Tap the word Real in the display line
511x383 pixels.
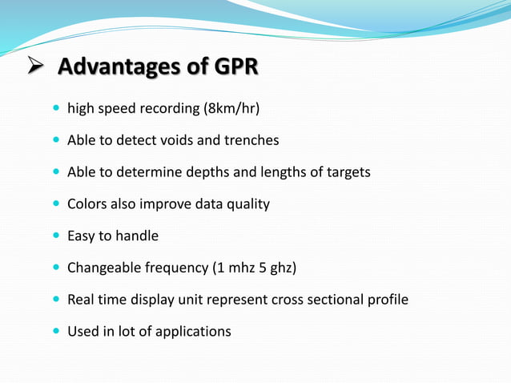(80, 300)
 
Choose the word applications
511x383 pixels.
(194, 331)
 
